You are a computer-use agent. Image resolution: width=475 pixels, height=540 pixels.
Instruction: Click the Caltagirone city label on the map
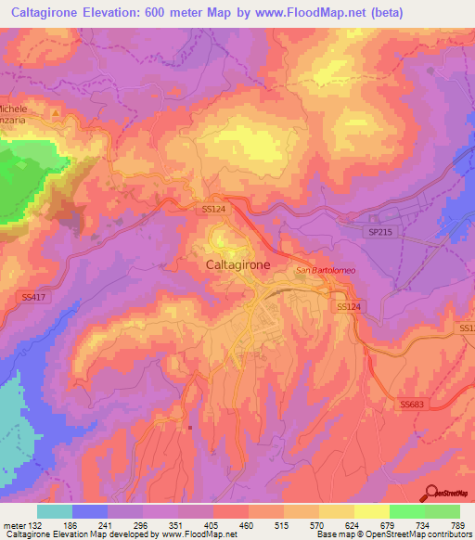point(237,264)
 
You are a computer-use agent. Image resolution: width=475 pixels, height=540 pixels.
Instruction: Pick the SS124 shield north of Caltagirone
point(214,210)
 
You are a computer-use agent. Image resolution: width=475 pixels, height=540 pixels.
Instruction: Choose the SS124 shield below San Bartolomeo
point(348,305)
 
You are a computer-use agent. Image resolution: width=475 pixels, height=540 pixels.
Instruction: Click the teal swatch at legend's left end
point(54,511)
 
